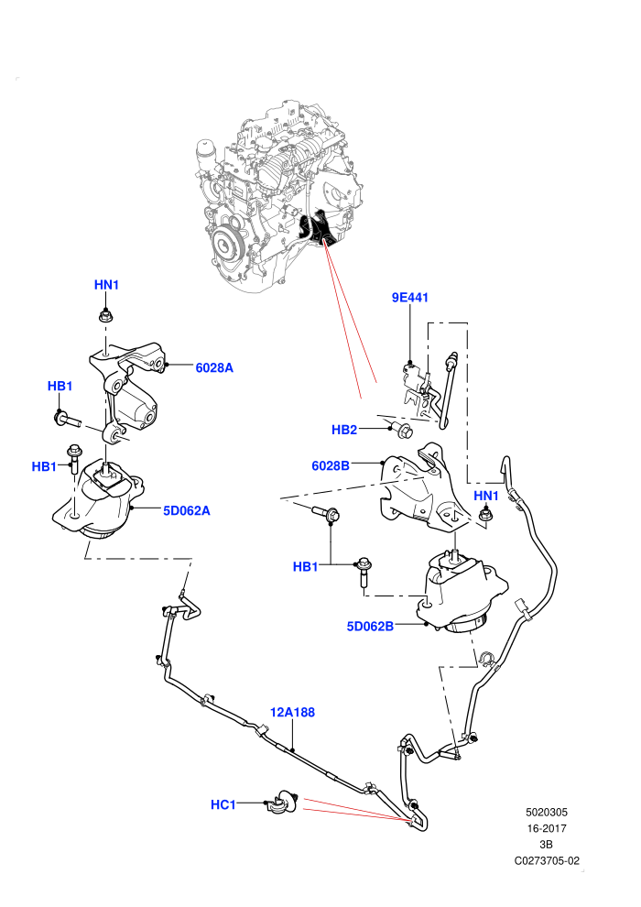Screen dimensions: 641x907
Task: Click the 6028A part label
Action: click(x=214, y=368)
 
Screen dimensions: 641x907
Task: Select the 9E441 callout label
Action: click(x=410, y=298)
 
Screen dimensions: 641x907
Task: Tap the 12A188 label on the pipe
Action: click(x=292, y=712)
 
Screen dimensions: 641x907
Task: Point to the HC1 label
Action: click(x=223, y=804)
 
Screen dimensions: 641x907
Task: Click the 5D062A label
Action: click(x=186, y=511)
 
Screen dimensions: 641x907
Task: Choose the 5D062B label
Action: click(x=370, y=626)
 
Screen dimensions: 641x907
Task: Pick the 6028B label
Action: click(x=331, y=465)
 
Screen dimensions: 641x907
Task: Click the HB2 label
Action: click(x=344, y=430)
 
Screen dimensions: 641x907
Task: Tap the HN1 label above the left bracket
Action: click(x=106, y=285)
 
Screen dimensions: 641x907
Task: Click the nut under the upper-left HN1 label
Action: click(x=106, y=316)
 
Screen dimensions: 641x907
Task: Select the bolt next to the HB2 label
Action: click(x=404, y=430)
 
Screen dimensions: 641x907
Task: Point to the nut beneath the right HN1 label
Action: click(x=486, y=515)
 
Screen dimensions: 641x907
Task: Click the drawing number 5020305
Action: click(x=546, y=812)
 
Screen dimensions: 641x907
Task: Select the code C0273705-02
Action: click(x=547, y=860)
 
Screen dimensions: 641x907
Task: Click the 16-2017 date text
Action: click(x=546, y=828)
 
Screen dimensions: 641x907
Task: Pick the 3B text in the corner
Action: click(x=546, y=845)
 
